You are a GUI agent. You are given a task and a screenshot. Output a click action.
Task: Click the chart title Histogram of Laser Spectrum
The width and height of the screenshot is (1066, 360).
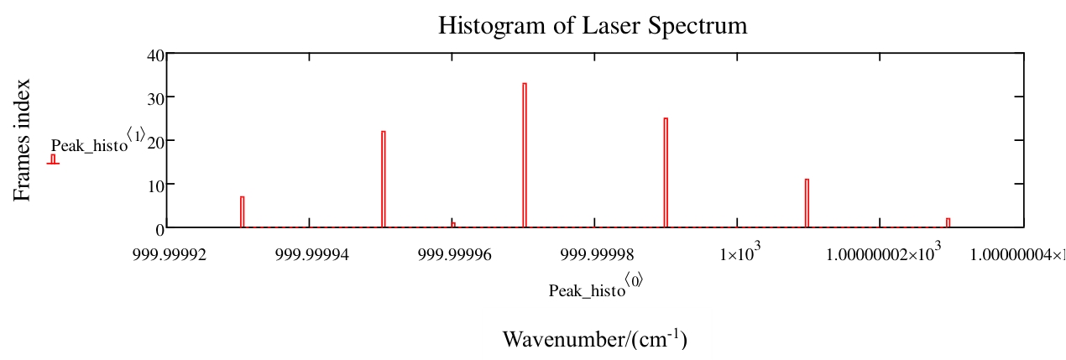coord(593,26)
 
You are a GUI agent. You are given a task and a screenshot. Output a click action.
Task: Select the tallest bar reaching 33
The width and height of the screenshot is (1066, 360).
coord(525,155)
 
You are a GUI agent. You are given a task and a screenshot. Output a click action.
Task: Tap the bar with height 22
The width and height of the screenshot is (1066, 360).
coord(384,179)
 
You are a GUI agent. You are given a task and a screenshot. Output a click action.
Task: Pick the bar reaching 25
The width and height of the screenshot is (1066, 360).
coord(666,172)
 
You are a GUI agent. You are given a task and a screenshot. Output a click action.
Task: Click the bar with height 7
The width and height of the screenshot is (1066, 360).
coord(242,211)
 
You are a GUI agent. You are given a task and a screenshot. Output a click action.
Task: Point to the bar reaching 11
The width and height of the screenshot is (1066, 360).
coord(807,203)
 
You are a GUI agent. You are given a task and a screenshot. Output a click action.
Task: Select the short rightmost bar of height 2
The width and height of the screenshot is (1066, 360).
coord(948,222)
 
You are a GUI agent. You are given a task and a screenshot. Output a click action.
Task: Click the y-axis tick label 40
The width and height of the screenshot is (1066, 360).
coord(155,56)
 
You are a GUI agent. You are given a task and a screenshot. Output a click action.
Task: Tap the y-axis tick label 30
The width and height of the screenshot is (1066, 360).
coord(155,97)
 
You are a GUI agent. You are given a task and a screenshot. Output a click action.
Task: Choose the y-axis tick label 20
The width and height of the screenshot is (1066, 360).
coord(155,140)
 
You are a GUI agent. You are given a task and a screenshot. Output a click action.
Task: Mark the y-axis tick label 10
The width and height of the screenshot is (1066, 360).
coord(155,184)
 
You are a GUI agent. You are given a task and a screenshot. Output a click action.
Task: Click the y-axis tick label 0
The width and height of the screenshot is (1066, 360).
coord(159,227)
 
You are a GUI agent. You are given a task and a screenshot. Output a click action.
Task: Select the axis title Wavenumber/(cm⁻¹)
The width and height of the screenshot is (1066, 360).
coord(595,339)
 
